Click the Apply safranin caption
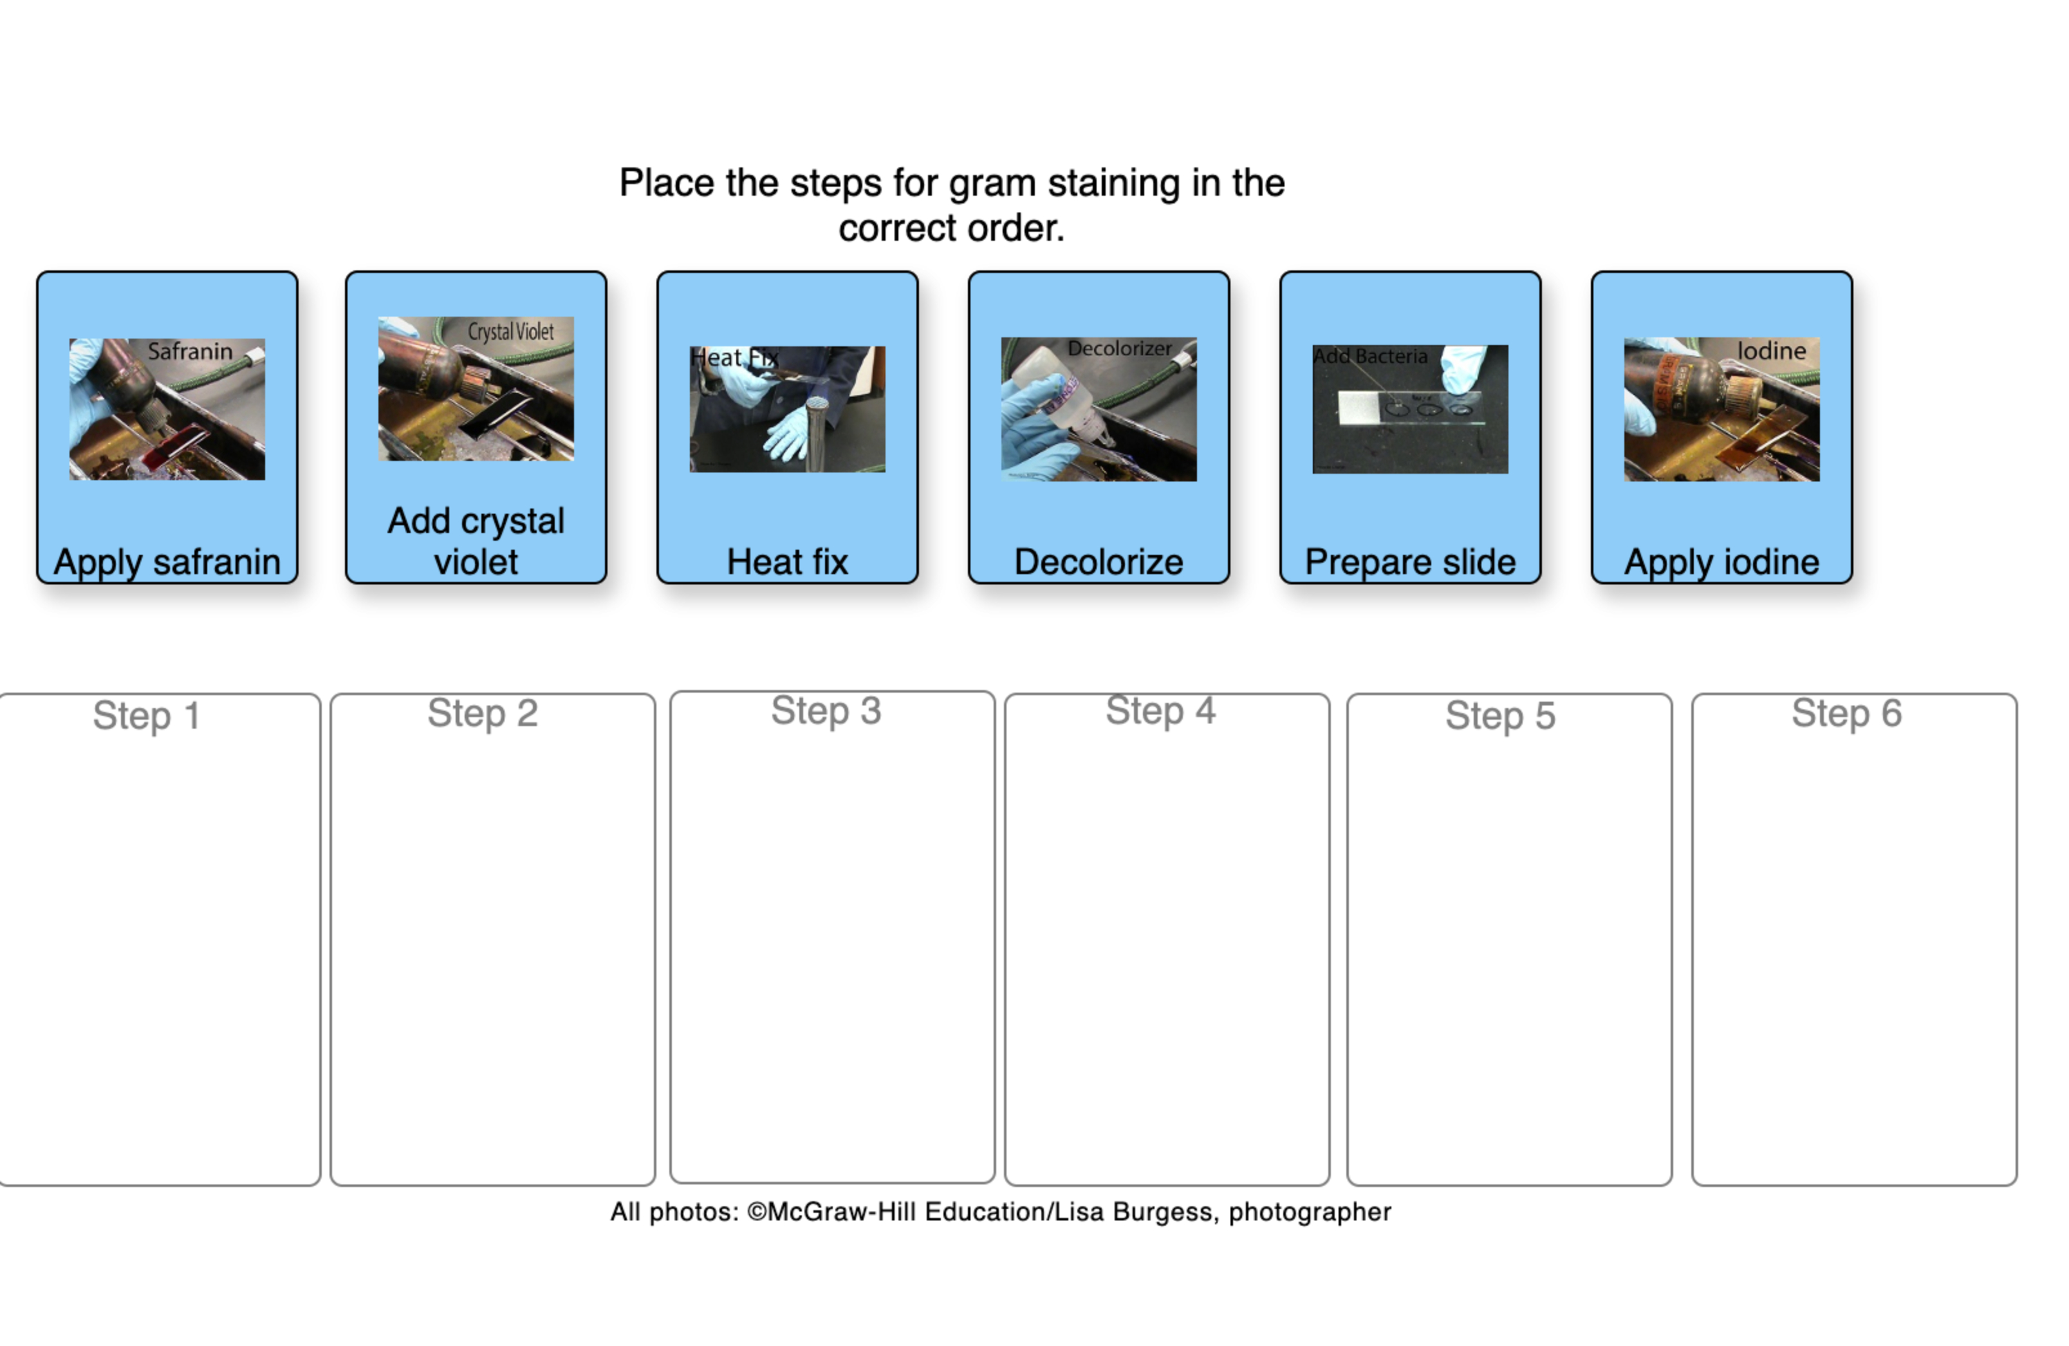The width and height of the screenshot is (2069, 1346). click(x=167, y=562)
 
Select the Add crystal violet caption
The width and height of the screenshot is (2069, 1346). click(x=476, y=541)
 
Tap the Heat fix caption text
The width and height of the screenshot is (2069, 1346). click(x=787, y=562)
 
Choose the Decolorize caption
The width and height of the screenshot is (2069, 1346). click(x=1098, y=562)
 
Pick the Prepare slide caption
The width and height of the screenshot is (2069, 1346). click(x=1409, y=562)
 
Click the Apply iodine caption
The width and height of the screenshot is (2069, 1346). click(x=1721, y=562)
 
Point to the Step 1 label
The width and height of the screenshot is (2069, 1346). click(x=146, y=716)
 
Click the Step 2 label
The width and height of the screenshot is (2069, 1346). click(x=483, y=713)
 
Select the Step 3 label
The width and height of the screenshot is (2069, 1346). click(x=826, y=711)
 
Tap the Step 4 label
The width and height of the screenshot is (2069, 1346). click(x=1160, y=711)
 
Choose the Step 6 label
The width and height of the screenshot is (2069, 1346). click(x=1846, y=713)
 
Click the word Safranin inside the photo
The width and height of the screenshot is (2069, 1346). click(x=189, y=351)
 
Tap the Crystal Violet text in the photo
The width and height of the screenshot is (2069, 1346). click(x=510, y=332)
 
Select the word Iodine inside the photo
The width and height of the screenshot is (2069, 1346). click(x=1771, y=350)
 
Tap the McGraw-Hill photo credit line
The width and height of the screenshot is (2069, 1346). click(x=999, y=1211)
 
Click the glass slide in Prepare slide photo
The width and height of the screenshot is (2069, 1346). click(x=1408, y=408)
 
